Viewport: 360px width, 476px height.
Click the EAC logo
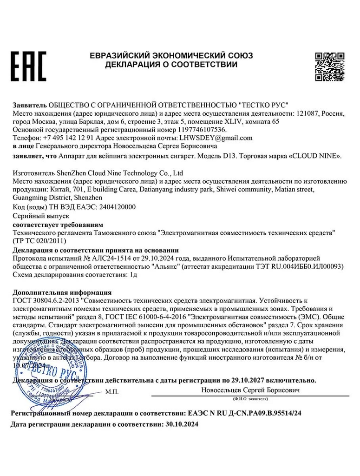coord(28,66)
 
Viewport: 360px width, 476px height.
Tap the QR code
coord(330,66)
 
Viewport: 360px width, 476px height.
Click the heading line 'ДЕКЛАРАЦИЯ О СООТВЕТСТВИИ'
coord(171,65)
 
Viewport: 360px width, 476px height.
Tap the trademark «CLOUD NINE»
coord(315,156)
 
